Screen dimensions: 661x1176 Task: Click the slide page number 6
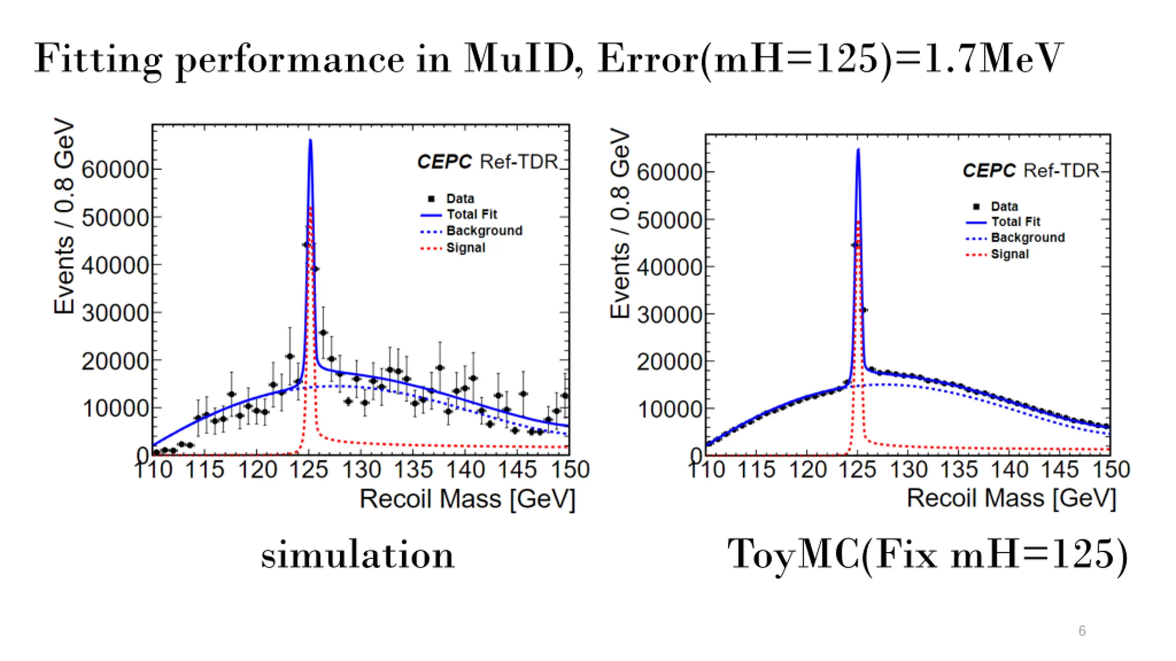click(x=1082, y=631)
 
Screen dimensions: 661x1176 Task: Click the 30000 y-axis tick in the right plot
click(x=669, y=315)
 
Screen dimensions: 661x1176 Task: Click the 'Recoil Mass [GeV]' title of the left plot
click(x=467, y=499)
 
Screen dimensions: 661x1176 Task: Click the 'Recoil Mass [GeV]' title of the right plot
click(x=1011, y=499)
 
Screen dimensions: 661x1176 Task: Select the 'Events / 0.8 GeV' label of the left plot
click(x=64, y=216)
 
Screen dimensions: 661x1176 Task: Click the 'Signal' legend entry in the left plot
click(x=465, y=248)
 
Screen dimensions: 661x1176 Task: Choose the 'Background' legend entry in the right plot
click(x=1028, y=238)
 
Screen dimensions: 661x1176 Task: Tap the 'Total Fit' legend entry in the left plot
click(x=472, y=214)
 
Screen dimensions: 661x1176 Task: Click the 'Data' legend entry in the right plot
click(x=1004, y=207)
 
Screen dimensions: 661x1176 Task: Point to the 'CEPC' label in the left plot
click(x=444, y=162)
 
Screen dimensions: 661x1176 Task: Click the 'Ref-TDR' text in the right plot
click(x=1061, y=171)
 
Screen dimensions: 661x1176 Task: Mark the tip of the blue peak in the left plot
click(x=311, y=140)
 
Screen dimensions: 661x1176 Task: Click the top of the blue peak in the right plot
click(x=858, y=149)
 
